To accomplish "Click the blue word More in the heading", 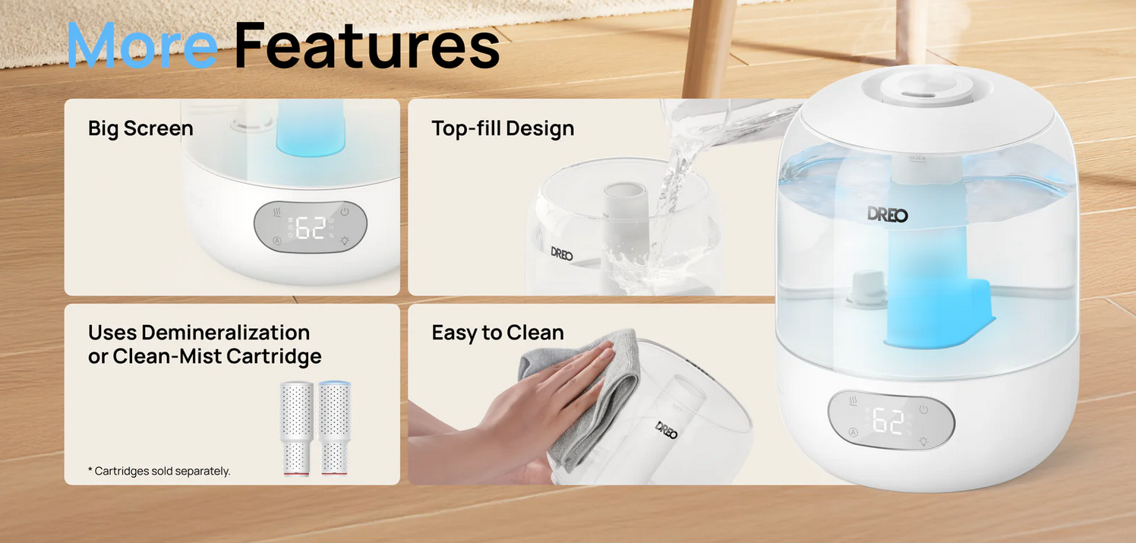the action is click(x=142, y=46).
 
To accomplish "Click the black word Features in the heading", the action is click(x=368, y=46).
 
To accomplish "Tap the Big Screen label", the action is click(x=140, y=129).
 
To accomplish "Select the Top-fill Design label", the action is click(x=503, y=129).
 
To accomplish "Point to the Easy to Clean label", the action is click(x=497, y=333).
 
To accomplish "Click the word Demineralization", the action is click(x=226, y=333).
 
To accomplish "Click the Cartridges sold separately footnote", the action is click(x=159, y=471).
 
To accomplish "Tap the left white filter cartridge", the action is click(x=296, y=429).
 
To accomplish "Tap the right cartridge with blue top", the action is click(x=334, y=428).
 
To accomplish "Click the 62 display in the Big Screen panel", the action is click(x=311, y=228).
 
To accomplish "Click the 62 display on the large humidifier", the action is click(x=888, y=421).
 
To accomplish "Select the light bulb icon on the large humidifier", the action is click(x=923, y=441).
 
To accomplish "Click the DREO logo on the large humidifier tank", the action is click(x=888, y=214).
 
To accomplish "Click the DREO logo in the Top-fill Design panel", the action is click(x=562, y=254).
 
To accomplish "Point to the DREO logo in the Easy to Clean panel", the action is click(x=667, y=430).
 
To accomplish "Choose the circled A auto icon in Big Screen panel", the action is click(x=277, y=241).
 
